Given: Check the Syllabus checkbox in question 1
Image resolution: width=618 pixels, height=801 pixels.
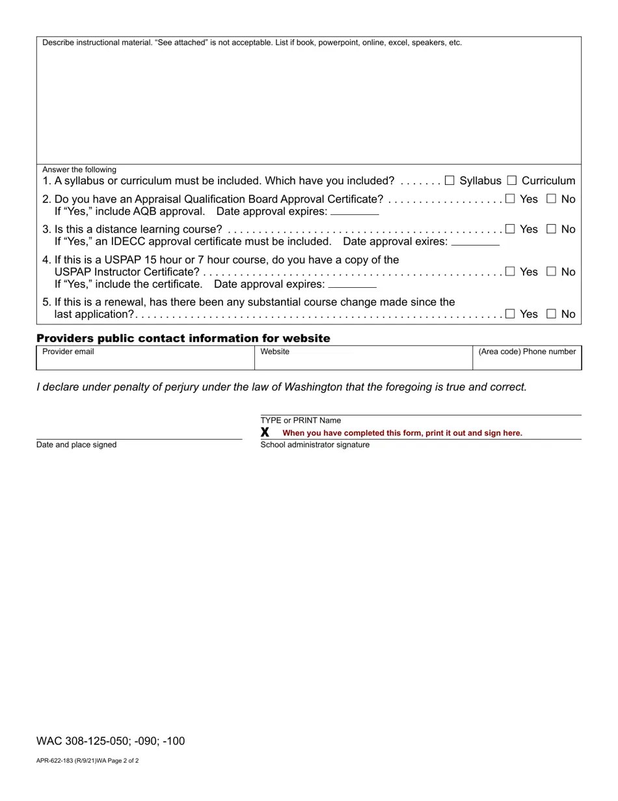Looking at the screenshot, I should (450, 180).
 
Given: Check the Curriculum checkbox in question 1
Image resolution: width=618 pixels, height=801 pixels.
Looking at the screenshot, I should (512, 180).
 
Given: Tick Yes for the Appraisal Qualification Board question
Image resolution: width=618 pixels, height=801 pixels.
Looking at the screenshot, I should (510, 199).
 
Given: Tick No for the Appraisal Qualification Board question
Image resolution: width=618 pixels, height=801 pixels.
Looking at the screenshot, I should (552, 199).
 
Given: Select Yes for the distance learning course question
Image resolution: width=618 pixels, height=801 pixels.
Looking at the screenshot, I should (510, 229).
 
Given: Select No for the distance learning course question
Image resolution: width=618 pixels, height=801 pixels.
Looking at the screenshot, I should (552, 229).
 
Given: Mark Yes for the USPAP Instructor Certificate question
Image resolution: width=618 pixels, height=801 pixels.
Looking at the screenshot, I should (510, 272).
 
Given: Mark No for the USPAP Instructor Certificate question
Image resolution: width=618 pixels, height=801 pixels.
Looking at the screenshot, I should (552, 272).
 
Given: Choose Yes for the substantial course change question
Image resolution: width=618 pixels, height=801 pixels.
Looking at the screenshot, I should (510, 314).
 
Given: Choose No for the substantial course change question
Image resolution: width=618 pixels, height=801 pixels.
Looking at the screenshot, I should (552, 314).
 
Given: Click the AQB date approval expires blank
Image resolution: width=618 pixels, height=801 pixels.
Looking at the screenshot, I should (355, 212).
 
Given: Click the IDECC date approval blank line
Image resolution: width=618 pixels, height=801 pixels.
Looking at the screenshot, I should (475, 242).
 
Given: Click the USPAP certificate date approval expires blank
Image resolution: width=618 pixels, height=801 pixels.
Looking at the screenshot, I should (352, 285).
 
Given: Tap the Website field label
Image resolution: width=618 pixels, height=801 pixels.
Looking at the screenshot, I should (275, 352).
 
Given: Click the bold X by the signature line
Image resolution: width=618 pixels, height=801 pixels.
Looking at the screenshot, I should (265, 432).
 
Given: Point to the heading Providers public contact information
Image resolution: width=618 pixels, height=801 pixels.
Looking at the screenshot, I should (183, 338).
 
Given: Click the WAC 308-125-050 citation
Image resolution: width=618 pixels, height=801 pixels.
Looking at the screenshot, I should (111, 741).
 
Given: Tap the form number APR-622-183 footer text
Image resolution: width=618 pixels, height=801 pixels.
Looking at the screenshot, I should (87, 761).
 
